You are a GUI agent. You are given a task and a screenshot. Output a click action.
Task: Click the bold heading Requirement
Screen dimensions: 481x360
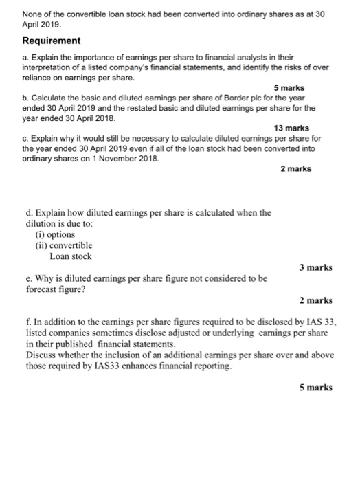tap(52, 41)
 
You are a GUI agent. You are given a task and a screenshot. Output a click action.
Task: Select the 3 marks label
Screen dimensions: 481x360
tap(315, 267)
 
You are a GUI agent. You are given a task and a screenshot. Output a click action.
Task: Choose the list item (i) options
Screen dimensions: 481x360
tap(55, 234)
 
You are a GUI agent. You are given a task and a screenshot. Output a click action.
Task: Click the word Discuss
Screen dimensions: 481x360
tap(42, 355)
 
